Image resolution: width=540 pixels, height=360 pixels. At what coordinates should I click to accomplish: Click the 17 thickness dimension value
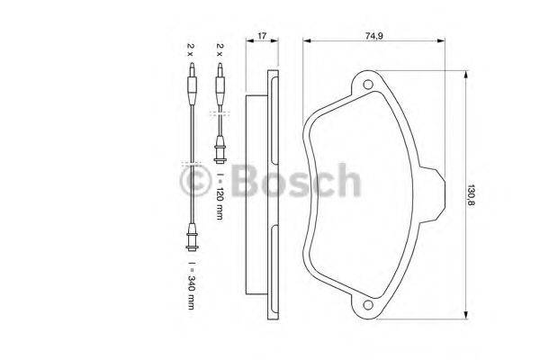pyautogui.click(x=261, y=35)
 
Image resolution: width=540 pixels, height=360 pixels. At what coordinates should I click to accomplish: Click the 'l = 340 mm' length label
pyautogui.click(x=190, y=285)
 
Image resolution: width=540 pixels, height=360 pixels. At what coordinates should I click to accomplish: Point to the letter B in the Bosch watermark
pyautogui.click(x=245, y=183)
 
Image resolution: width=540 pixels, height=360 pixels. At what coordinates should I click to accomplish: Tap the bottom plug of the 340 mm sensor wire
pyautogui.click(x=190, y=238)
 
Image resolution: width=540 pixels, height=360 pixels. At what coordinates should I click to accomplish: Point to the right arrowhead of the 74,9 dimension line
pyautogui.click(x=444, y=41)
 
